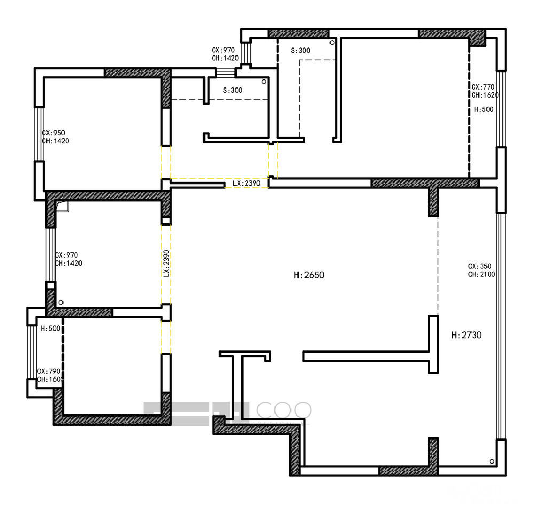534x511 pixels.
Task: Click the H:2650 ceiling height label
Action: tap(309, 275)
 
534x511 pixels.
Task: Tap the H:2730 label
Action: tap(466, 335)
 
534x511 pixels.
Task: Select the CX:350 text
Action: tap(480, 266)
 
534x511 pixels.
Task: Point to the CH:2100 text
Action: tap(482, 274)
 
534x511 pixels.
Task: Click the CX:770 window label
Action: tap(483, 87)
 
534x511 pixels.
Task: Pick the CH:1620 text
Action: tap(485, 95)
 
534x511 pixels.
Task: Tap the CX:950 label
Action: tap(53, 133)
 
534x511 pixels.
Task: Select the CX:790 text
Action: tap(49, 371)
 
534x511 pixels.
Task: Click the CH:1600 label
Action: tap(50, 379)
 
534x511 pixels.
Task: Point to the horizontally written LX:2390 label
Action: tap(247, 183)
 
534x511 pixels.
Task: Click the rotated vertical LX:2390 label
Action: tap(166, 264)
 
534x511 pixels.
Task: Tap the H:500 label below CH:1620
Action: tap(484, 109)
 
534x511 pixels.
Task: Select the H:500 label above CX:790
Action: tap(50, 328)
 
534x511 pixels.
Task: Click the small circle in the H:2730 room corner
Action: tap(492, 461)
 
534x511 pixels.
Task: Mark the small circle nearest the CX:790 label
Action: tap(61, 302)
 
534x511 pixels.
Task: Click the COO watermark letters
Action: tap(284, 410)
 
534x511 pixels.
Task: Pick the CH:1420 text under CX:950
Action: tap(55, 141)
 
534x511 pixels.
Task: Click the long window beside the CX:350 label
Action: tap(501, 326)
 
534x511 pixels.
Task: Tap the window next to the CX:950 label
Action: tap(39, 134)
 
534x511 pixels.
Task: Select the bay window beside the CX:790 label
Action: tap(32, 352)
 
